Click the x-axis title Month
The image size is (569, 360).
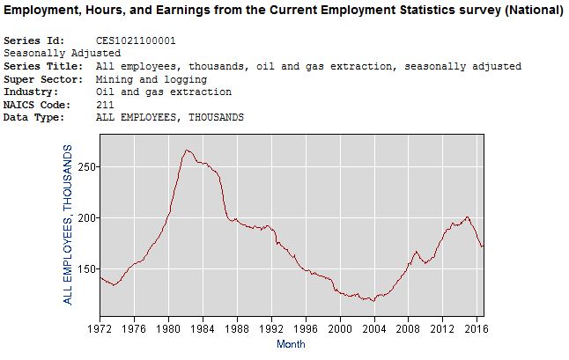click(291, 344)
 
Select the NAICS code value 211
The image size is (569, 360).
click(105, 105)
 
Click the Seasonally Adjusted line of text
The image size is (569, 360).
click(62, 54)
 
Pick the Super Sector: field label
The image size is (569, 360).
click(42, 79)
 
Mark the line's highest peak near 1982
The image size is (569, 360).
click(187, 151)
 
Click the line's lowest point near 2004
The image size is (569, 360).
click(373, 301)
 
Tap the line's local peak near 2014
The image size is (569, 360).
click(467, 217)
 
